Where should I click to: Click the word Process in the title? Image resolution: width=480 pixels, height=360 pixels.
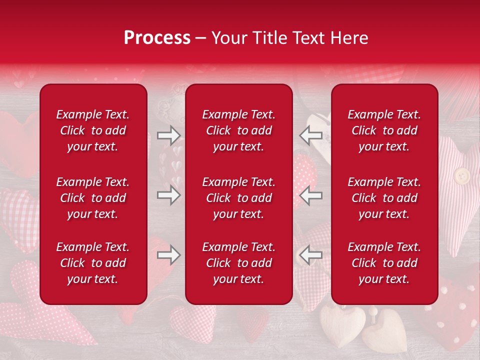[157, 38]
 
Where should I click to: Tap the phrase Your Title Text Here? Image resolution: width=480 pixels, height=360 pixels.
[289, 38]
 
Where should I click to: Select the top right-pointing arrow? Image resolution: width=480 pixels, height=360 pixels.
[168, 135]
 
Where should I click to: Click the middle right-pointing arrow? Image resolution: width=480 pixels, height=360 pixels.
[168, 195]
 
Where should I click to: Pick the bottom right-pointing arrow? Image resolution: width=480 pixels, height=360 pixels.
[168, 255]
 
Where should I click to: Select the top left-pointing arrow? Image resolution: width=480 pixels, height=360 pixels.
[310, 135]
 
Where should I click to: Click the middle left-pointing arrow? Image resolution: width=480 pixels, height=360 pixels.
[310, 195]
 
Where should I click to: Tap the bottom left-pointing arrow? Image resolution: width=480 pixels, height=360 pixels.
[310, 255]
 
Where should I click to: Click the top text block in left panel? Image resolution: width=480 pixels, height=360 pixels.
[93, 130]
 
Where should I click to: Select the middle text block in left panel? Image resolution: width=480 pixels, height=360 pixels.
[93, 198]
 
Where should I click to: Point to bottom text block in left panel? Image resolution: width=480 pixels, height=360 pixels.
[93, 263]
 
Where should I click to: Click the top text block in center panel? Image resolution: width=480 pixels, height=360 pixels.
[238, 130]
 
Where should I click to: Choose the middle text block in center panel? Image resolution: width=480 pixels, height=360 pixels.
[238, 198]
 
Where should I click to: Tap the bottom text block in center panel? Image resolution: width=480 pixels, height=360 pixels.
[238, 263]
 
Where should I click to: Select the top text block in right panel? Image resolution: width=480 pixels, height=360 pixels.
[384, 130]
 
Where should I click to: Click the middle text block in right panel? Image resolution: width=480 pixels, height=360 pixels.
[384, 198]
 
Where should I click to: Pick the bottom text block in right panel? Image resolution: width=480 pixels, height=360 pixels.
[384, 263]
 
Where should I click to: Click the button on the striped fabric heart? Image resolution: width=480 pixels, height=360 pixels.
[461, 175]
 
